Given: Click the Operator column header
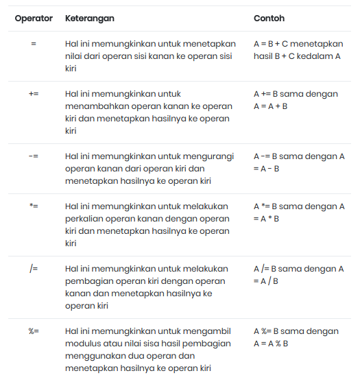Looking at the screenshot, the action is point(34,19).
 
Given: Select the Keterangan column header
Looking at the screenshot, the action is point(89,19).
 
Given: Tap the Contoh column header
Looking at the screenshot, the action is point(269,19).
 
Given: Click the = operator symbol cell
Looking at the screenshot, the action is point(34,43).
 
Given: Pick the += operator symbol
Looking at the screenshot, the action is point(34,94).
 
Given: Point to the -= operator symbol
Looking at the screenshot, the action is point(34,156).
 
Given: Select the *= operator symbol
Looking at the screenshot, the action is point(34,206).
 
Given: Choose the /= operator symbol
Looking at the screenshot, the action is point(34,269).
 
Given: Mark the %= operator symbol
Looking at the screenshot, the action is point(34,331).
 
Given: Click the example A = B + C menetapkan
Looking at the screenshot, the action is point(298,43).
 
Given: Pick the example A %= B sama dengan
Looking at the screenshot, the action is point(296,331).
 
